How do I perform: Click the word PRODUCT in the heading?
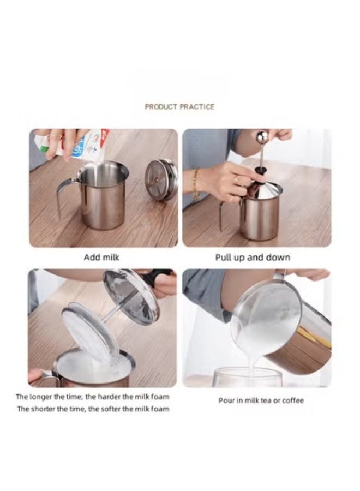[x=161, y=107]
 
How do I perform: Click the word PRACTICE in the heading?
[x=197, y=107]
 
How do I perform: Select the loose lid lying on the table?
[x=161, y=179]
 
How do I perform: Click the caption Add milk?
[x=101, y=257]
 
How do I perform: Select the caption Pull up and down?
[x=253, y=257]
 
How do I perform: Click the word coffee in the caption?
[x=292, y=400]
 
